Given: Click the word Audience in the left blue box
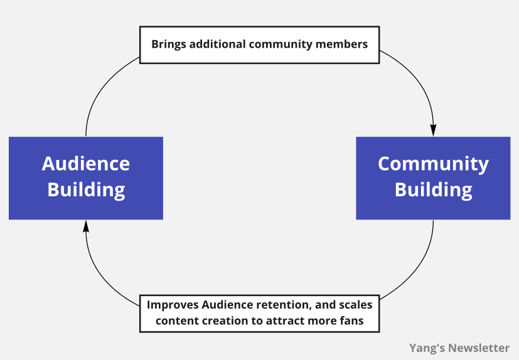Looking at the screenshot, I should [x=86, y=164].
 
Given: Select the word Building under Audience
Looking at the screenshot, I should [x=86, y=189].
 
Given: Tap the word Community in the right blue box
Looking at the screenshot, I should [x=433, y=164].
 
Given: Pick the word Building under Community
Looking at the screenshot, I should [x=433, y=189].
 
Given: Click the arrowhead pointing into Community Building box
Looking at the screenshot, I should [x=433, y=130].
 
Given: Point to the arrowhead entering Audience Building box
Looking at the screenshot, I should [x=86, y=226].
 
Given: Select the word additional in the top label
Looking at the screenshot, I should [x=216, y=45].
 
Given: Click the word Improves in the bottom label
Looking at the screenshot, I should [x=173, y=305].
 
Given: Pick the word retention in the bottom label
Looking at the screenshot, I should [x=278, y=305].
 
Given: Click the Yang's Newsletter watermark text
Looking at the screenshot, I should [x=459, y=347].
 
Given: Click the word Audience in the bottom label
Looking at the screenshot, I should [x=227, y=305].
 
